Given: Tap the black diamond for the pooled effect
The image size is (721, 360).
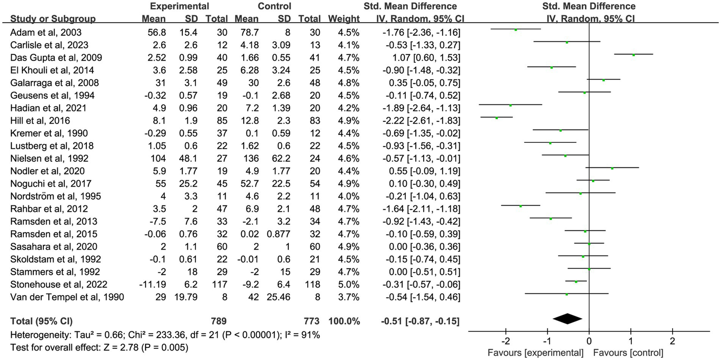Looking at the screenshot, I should [567, 319].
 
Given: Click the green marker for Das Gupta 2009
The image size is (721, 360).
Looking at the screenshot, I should [633, 55].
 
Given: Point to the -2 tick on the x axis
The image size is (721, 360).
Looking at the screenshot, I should [505, 340].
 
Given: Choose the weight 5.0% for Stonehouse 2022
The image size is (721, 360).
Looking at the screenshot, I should [350, 284].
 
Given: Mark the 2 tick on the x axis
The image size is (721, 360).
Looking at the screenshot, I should [672, 340].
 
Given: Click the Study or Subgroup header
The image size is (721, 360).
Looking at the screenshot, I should [53, 19].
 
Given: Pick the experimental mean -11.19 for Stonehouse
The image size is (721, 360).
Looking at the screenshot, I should [152, 284].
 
